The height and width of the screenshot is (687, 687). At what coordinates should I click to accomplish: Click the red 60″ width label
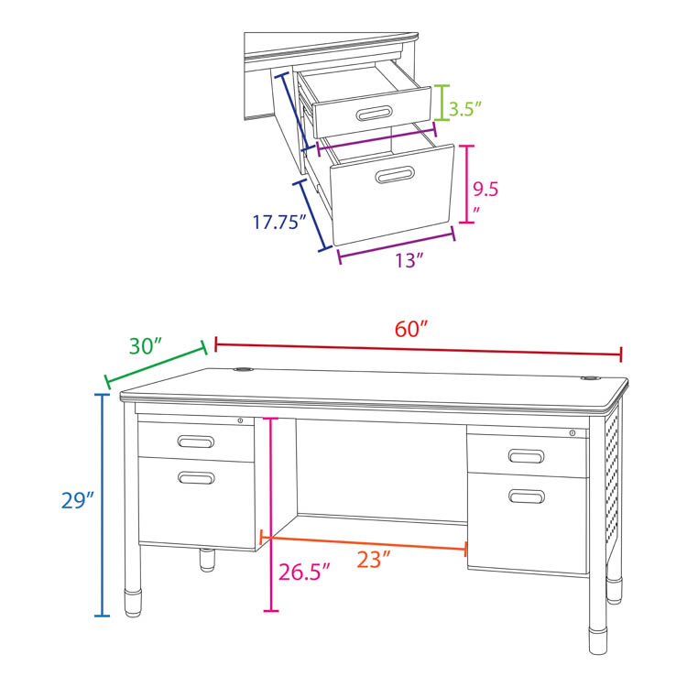coord(410,329)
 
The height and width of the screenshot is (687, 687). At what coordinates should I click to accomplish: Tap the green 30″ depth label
coord(146,345)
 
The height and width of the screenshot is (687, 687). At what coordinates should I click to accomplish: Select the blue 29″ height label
coord(78,500)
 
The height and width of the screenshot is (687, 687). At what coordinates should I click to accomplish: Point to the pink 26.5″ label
coord(304,572)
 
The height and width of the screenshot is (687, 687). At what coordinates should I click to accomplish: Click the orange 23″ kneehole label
coord(374,560)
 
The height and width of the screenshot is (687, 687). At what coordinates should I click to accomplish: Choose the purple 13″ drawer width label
coord(409,260)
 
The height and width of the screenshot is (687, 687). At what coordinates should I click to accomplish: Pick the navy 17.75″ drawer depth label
coord(279,222)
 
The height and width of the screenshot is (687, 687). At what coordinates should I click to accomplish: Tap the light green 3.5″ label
coord(464,109)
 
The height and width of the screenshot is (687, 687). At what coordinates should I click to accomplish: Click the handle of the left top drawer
coord(196,442)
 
